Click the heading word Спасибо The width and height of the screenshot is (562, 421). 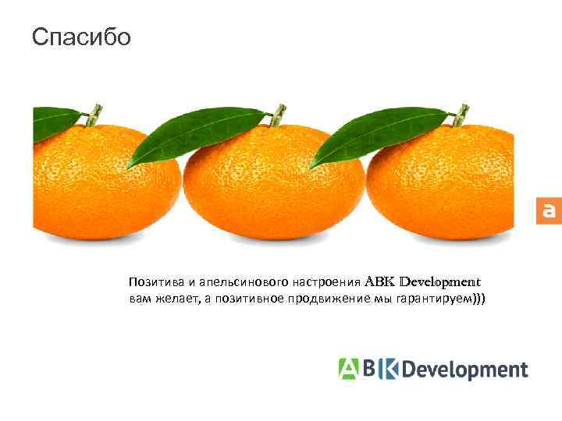82,37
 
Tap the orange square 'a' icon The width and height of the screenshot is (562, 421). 548,210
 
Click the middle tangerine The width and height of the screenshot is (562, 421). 273,187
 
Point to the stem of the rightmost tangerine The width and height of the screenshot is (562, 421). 461,114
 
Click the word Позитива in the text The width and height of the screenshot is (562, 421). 153,281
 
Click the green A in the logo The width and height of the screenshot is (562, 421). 348,368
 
